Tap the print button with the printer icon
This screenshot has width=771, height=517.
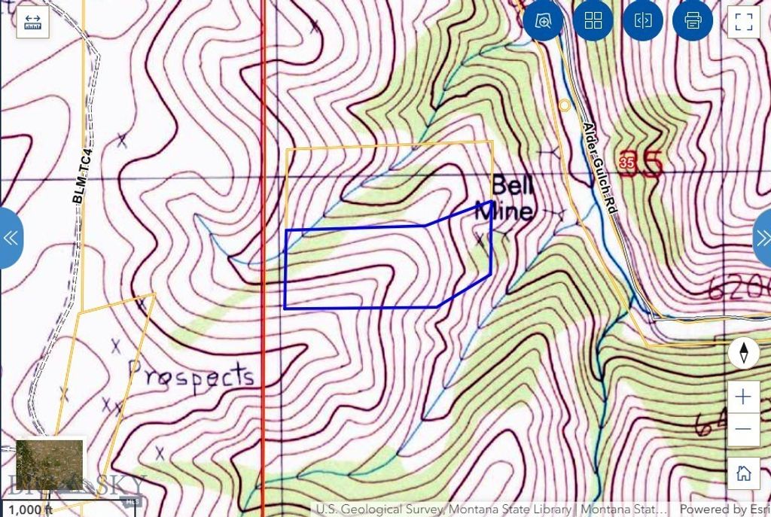(x=693, y=21)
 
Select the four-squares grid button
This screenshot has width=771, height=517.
(x=593, y=21)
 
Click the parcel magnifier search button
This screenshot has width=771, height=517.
(x=544, y=21)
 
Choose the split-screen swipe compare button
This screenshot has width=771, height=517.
(x=643, y=21)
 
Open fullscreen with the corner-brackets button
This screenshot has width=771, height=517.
(x=744, y=21)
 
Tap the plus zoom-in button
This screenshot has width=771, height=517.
(x=743, y=397)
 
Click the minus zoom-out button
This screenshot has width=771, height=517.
(x=743, y=429)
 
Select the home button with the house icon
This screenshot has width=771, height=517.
(x=743, y=473)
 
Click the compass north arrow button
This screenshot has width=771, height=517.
(x=744, y=352)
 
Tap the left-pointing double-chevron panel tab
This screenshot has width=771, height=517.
(x=11, y=238)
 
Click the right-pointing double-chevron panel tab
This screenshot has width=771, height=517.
(x=761, y=238)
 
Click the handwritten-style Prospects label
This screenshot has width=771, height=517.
(x=191, y=374)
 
